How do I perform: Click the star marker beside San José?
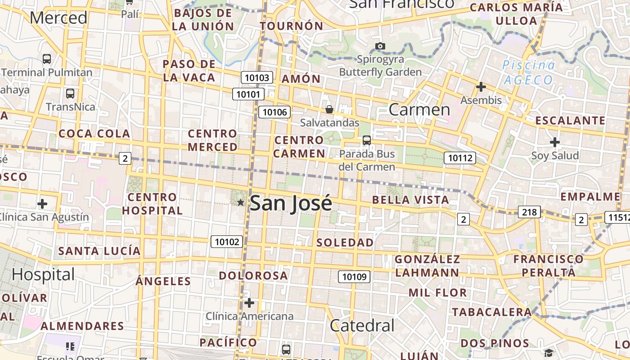click(x=240, y=202)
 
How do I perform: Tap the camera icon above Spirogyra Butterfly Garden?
click(x=380, y=46)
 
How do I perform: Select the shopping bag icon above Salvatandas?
click(x=329, y=109)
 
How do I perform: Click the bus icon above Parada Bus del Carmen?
click(x=367, y=140)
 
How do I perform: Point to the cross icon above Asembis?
click(x=481, y=86)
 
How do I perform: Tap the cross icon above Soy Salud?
click(x=555, y=142)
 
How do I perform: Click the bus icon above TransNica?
click(x=70, y=94)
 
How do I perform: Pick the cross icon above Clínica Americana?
click(x=249, y=303)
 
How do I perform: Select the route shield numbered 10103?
click(x=257, y=77)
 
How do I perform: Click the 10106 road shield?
click(x=274, y=112)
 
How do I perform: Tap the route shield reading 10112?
click(x=460, y=158)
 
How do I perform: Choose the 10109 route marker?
click(x=354, y=277)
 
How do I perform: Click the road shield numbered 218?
click(x=529, y=212)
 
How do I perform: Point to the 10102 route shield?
click(x=227, y=242)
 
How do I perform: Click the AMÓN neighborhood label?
click(x=301, y=79)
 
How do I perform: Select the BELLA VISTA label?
click(x=411, y=200)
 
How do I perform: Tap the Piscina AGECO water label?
click(x=528, y=72)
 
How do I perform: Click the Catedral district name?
click(x=362, y=325)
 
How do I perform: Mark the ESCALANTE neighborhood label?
click(x=570, y=121)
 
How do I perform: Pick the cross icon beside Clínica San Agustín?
click(x=42, y=204)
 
